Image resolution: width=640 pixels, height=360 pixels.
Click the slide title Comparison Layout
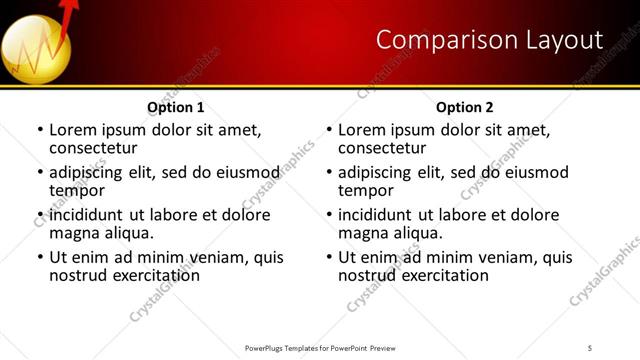490,39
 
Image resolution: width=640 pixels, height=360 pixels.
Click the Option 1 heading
176,107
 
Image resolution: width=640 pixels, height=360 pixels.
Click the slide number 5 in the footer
590,347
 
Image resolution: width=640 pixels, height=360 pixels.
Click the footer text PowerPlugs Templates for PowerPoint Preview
319,347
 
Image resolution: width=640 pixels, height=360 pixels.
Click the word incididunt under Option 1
87,215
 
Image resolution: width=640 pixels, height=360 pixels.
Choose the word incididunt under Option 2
376,215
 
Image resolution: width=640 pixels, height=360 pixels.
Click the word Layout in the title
561,39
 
